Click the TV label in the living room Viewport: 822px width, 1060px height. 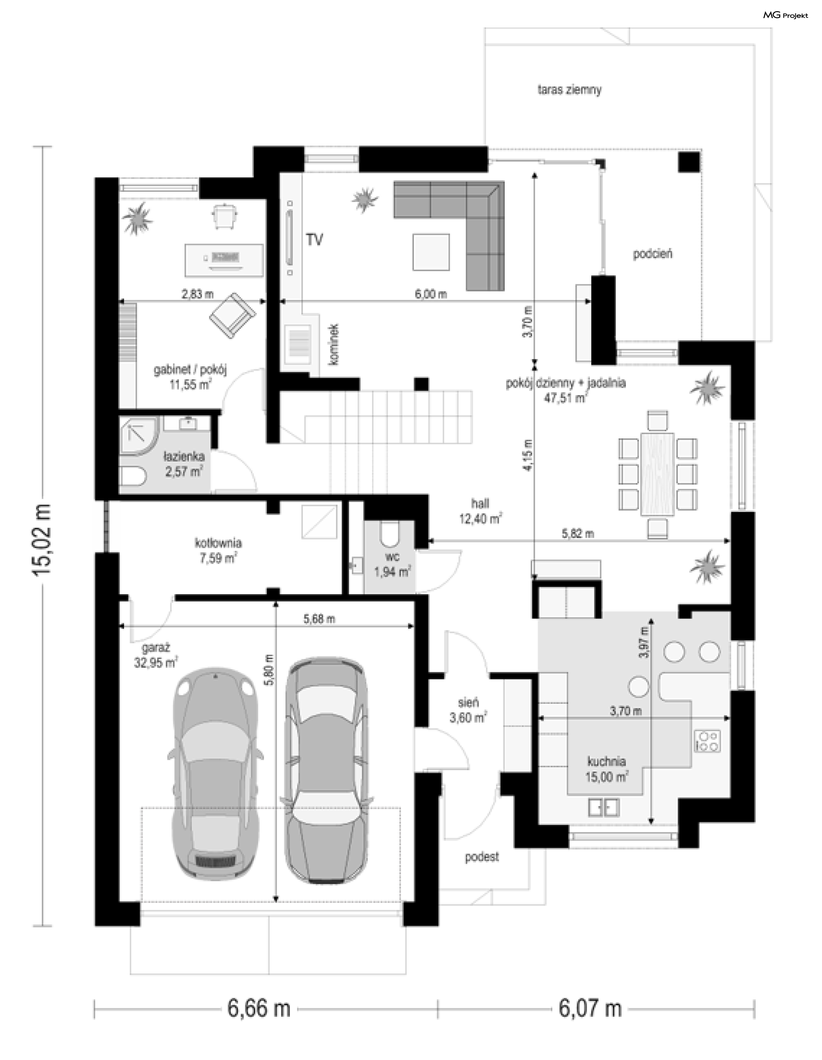314,239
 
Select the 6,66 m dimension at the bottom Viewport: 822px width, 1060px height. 259,1009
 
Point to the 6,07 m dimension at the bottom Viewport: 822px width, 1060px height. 590,1009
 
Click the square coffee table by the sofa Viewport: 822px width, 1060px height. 431,252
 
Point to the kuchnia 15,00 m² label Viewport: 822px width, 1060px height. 607,769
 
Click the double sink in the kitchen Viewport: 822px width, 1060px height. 604,807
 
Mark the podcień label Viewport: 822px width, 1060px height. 652,254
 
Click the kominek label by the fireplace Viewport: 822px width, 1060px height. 334,345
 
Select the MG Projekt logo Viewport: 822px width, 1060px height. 786,15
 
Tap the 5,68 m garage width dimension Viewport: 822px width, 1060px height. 319,619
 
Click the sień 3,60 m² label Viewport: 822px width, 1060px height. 468,709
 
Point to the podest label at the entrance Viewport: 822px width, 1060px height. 482,857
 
